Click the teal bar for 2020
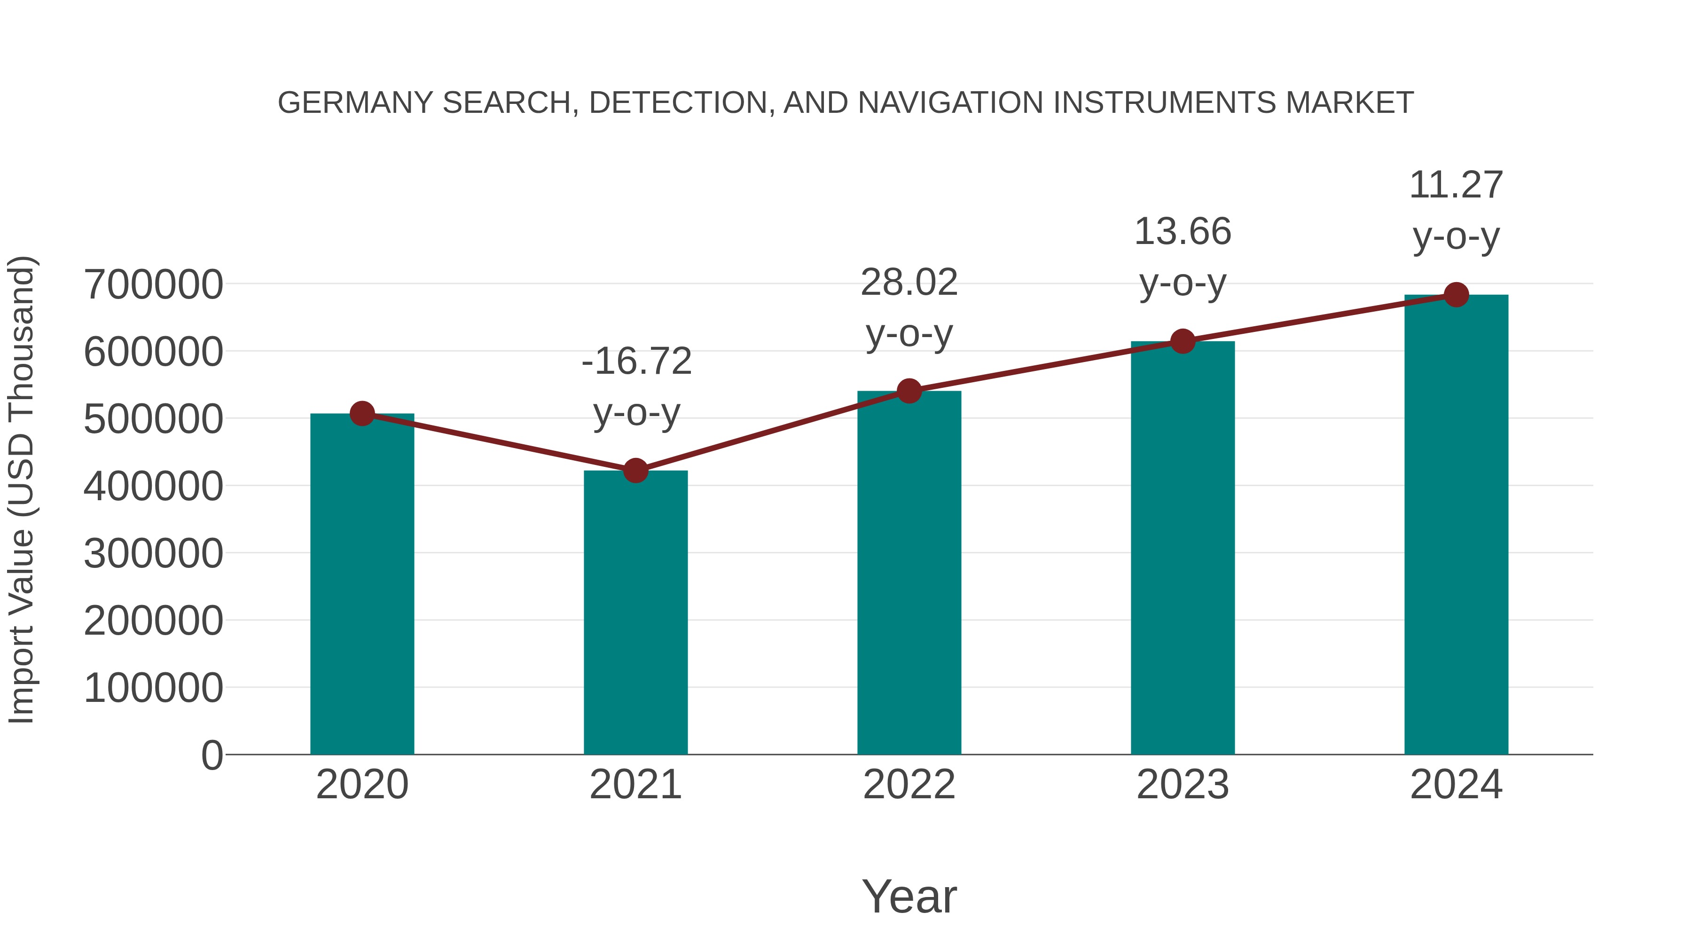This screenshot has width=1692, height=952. tap(362, 585)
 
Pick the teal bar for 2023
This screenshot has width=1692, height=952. tap(1183, 548)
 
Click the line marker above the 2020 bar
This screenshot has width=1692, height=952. tap(362, 413)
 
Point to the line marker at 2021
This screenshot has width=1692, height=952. tap(635, 471)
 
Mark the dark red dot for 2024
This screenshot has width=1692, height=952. tap(1456, 294)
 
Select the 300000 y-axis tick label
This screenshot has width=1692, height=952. tap(153, 553)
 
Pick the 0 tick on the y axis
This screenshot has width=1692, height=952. tap(211, 755)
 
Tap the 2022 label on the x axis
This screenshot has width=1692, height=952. tap(909, 785)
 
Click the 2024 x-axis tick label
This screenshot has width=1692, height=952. tap(1456, 785)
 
